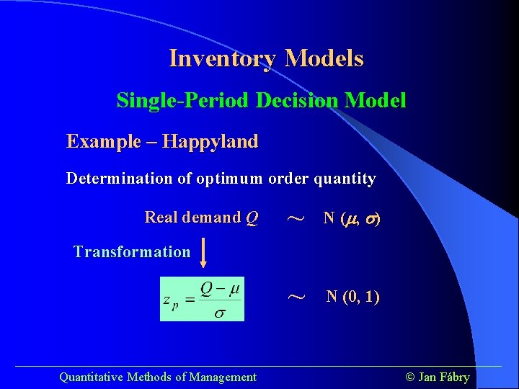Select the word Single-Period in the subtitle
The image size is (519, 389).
click(183, 100)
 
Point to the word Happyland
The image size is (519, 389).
click(210, 141)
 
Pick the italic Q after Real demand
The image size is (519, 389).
click(252, 218)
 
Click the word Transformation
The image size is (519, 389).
click(132, 252)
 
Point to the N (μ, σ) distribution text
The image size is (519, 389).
click(351, 218)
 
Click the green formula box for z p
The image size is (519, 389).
click(202, 299)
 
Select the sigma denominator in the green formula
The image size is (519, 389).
click(221, 312)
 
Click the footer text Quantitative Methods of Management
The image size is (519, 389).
click(157, 377)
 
